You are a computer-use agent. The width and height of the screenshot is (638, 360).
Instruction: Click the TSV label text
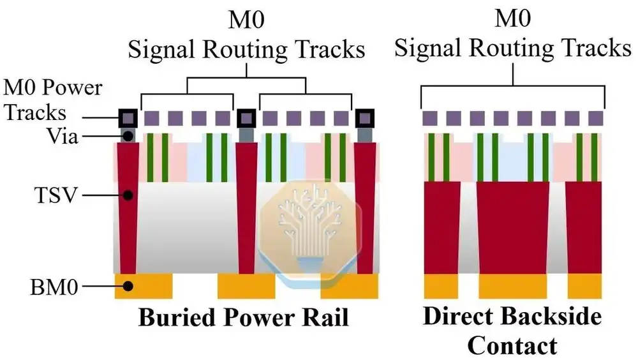56,195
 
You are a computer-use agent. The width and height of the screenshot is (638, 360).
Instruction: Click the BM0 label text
54,287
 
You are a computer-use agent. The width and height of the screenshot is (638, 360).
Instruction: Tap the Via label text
63,136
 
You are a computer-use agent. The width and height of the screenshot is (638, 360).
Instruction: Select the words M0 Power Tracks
53,100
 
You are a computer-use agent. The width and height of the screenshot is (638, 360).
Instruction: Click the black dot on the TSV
128,195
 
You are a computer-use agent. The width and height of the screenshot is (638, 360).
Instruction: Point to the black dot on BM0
128,287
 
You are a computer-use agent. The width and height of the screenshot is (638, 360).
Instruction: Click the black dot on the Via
128,136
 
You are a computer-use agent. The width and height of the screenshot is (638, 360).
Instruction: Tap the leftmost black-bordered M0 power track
128,118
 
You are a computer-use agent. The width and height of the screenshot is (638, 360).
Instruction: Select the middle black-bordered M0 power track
246,118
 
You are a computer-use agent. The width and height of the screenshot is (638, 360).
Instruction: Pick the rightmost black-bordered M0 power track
364,118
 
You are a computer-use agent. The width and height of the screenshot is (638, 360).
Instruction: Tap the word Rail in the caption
328,318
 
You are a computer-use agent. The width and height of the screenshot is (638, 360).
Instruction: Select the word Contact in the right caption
512,346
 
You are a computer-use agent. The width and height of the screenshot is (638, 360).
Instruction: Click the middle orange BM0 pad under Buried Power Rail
246,287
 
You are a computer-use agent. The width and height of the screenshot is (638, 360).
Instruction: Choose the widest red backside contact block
513,228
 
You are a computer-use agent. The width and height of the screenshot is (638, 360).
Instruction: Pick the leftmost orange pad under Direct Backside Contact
441,287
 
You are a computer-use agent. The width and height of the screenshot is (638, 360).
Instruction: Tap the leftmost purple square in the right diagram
429,119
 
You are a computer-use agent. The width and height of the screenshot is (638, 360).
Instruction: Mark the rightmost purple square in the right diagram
596,119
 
